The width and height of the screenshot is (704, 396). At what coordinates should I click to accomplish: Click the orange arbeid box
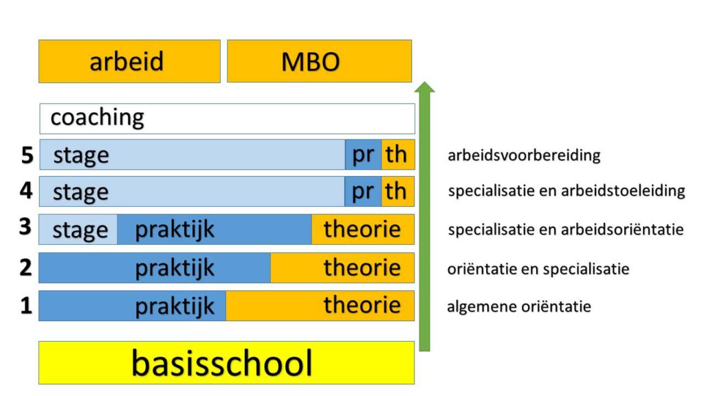(x=129, y=61)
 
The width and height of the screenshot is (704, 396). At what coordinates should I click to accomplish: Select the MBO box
(x=319, y=61)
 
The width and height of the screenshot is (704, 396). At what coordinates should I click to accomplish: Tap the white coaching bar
(x=227, y=118)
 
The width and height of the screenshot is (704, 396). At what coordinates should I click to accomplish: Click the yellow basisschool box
(x=226, y=363)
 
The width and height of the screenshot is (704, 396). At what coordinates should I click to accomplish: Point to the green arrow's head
(x=424, y=87)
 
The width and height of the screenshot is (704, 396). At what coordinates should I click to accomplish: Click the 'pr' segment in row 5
(x=363, y=155)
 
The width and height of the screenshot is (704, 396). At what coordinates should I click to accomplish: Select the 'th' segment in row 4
(x=398, y=191)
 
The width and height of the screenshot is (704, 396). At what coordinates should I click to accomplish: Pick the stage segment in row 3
(x=78, y=230)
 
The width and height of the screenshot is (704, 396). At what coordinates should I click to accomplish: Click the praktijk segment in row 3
(x=214, y=230)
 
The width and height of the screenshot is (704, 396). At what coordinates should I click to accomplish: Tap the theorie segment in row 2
(x=342, y=268)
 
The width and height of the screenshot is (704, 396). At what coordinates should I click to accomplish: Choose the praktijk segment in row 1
(x=133, y=306)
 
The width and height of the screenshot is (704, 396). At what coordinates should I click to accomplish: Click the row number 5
(x=27, y=155)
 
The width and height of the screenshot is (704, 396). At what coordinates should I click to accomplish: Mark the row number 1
(x=27, y=306)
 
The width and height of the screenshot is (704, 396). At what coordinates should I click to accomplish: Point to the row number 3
(x=25, y=227)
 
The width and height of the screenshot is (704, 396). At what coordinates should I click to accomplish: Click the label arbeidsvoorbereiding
(x=524, y=155)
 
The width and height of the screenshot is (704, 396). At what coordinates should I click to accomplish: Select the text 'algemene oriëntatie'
(x=519, y=306)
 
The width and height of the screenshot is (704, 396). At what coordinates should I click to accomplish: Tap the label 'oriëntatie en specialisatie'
(x=538, y=269)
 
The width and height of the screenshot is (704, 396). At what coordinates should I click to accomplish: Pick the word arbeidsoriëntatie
(x=622, y=230)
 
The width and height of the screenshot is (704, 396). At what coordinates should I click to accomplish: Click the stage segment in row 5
(x=192, y=155)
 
